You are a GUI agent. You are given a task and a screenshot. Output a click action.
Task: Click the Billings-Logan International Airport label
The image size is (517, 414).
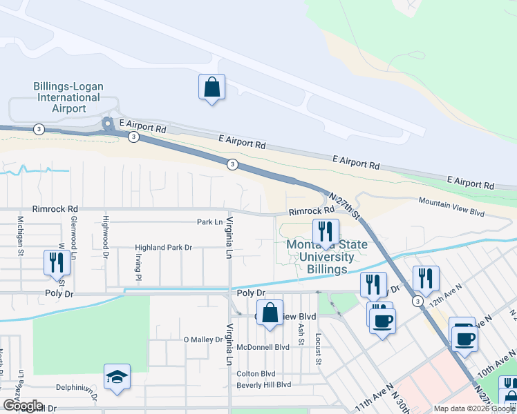(x=68, y=97)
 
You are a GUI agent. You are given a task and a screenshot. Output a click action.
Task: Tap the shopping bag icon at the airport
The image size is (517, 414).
(x=211, y=88)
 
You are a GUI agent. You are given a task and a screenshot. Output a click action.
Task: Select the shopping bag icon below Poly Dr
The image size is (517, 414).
(x=271, y=313)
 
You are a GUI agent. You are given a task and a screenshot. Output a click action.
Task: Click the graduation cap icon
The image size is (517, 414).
(x=117, y=377)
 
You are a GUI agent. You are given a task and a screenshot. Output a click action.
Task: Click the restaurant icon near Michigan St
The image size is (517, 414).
(x=56, y=263)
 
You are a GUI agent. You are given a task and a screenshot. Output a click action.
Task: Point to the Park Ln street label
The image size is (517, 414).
(x=209, y=222)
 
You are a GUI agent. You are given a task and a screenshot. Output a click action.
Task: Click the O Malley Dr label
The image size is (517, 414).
(x=203, y=339)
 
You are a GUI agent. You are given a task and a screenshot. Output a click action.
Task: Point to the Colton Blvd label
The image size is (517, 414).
(x=256, y=374)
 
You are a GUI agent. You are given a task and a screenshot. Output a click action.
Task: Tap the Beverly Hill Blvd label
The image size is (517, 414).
(x=264, y=384)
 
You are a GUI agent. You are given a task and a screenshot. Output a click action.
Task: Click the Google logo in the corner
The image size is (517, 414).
(x=22, y=406)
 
